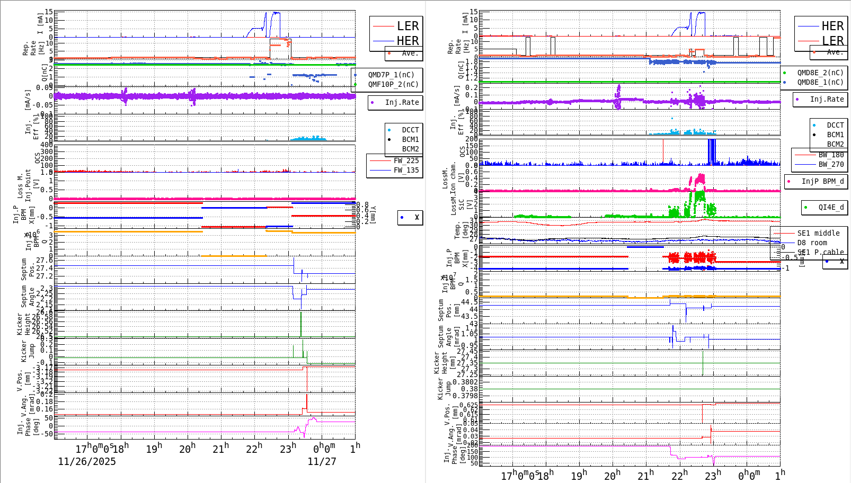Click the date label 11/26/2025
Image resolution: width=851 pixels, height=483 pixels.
(87, 461)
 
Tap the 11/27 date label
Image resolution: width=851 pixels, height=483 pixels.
(322, 461)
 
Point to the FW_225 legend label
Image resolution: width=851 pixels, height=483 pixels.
(406, 160)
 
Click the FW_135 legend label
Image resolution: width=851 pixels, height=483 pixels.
(406, 170)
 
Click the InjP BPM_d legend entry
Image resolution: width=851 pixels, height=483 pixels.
(822, 181)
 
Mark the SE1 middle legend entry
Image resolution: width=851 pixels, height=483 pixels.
(818, 233)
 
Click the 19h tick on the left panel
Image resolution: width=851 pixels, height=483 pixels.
(154, 449)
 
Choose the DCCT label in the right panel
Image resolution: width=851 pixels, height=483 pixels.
(835, 125)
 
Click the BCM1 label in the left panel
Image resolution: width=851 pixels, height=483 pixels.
(410, 139)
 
